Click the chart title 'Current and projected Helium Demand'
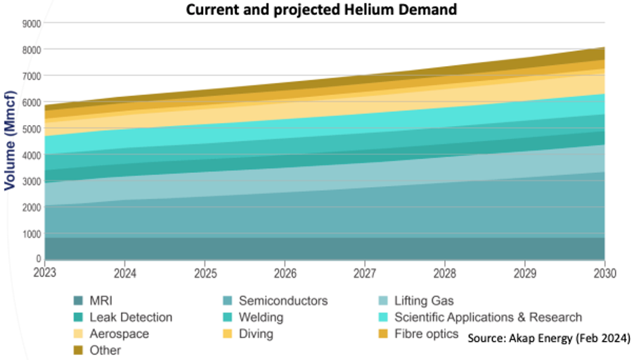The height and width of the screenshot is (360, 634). (321, 9)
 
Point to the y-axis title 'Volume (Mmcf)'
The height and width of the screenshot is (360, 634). (10, 141)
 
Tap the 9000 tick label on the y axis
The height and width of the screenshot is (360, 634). (32, 24)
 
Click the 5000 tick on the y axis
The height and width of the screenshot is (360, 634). (32, 129)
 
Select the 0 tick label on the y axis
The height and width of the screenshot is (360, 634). (39, 258)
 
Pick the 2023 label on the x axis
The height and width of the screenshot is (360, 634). (45, 273)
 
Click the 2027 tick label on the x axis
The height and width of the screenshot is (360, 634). (365, 274)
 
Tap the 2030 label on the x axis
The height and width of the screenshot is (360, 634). (605, 274)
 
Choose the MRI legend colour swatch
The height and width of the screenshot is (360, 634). (78, 301)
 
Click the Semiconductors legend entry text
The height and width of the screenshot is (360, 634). (283, 301)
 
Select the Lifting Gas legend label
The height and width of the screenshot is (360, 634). (424, 301)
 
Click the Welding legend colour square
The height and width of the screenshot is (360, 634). (227, 318)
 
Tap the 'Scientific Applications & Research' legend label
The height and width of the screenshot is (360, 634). (488, 318)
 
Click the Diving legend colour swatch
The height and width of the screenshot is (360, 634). (227, 334)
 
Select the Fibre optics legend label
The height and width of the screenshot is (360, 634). (426, 334)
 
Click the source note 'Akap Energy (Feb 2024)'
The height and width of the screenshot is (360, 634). (569, 337)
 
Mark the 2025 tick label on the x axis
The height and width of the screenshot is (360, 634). (205, 274)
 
